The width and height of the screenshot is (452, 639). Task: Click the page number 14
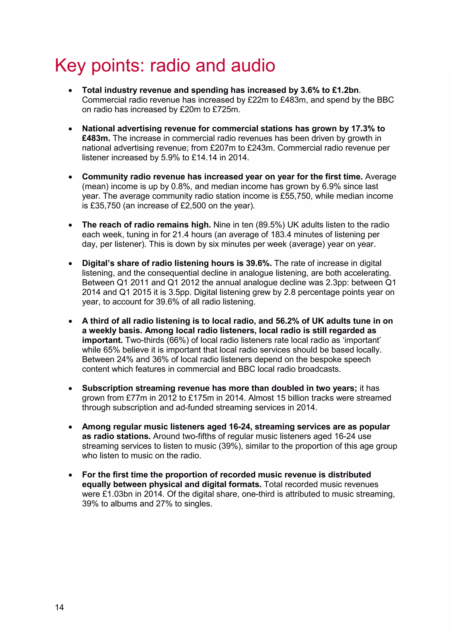(59, 607)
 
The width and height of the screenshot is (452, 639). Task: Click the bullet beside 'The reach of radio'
(71, 225)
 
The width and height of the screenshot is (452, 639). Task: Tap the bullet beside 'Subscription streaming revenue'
(71, 389)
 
